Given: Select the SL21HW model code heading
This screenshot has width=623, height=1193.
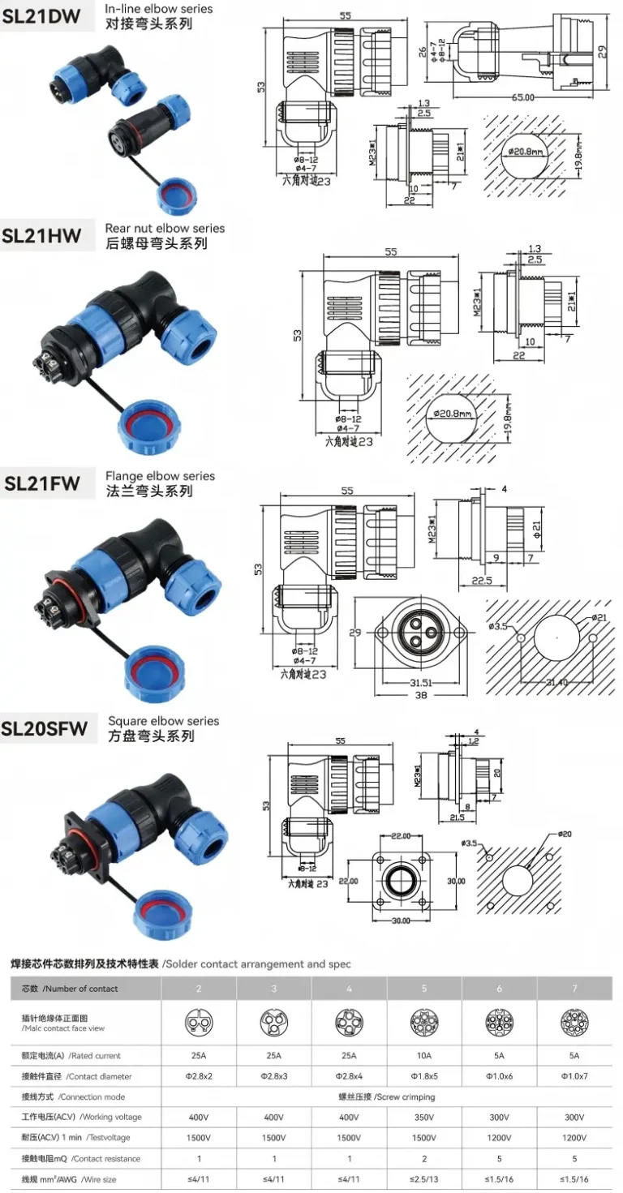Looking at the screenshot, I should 42,236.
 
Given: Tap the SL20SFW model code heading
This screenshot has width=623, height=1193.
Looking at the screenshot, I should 45,728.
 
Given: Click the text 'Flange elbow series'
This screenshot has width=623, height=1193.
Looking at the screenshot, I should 160,476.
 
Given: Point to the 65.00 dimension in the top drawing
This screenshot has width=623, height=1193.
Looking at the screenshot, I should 523,97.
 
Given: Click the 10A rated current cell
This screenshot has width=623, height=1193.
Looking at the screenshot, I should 424,1056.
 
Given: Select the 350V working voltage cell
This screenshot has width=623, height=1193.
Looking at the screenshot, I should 424,1118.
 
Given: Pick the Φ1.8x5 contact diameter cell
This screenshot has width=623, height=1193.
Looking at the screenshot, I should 424,1076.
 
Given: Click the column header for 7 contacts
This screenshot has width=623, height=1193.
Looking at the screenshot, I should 574,989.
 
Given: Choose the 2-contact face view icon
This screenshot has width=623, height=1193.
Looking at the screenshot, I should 199,1022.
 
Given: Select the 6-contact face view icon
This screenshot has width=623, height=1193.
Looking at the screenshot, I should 499,1022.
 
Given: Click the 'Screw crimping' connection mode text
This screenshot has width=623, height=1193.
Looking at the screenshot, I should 387,1097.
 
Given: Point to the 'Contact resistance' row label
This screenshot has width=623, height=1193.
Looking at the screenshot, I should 81,1159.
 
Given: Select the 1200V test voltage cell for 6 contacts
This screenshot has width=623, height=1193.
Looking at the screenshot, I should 499,1138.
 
